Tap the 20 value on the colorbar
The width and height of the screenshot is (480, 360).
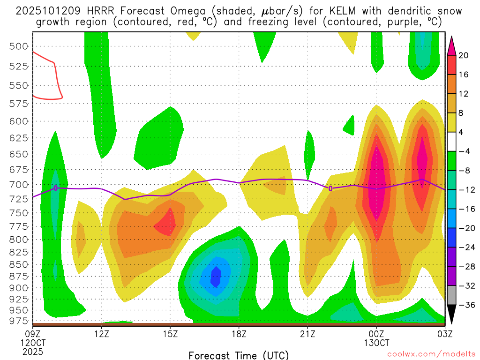coord(464,55)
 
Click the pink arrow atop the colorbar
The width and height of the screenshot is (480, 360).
coord(451,45)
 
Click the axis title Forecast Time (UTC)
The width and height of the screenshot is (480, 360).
coord(239,355)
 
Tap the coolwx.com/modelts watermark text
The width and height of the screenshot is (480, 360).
coord(431,355)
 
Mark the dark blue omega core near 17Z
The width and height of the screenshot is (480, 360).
coord(216,277)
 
